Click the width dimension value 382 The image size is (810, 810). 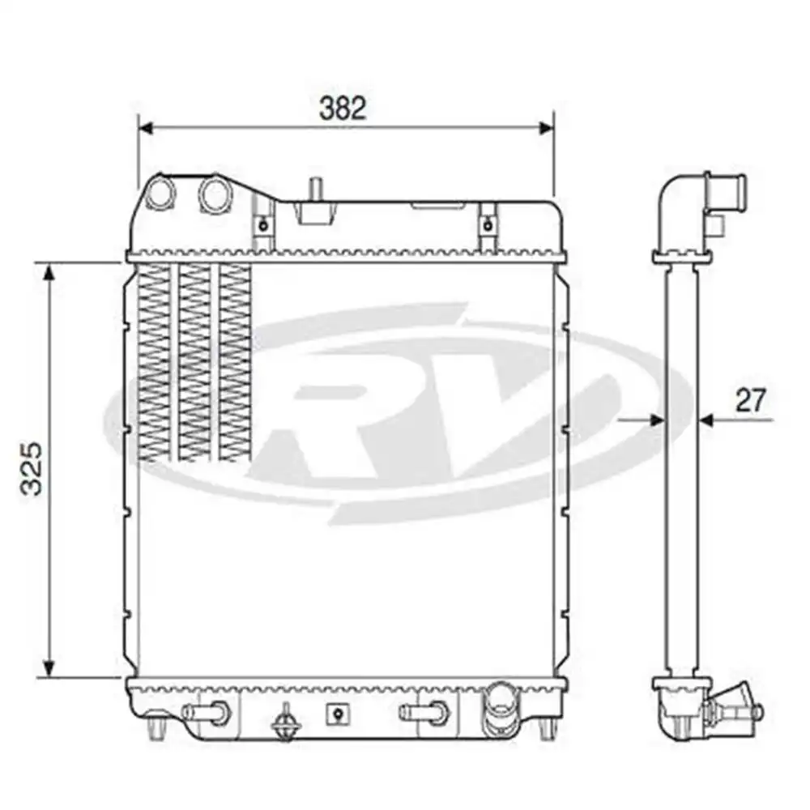342,108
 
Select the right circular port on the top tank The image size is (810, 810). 214,195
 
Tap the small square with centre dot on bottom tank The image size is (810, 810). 336,713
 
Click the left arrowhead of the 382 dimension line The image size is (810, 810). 145,127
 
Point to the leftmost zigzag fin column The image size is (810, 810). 155,364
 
